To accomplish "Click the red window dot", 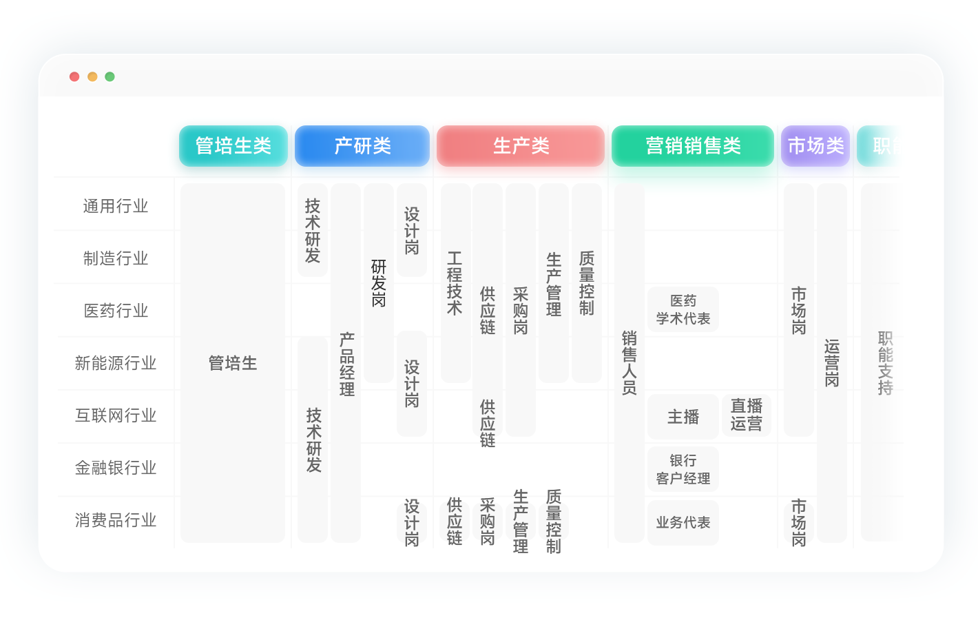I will pos(74,76).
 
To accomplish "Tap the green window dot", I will pos(110,76).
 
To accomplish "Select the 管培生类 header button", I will pos(233,146).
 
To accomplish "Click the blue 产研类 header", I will pos(362,146).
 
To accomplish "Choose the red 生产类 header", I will pos(521,146).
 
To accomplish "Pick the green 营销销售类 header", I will pos(693,146).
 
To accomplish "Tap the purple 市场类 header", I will pos(815,146).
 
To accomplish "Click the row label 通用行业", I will pos(116,206).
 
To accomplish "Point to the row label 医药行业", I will pos(116,311).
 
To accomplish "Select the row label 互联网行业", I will pos(116,415).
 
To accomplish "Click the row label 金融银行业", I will pos(116,468).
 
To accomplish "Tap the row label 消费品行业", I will pos(116,520).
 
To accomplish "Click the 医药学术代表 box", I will pos(683,309).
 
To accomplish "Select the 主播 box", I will pos(683,417).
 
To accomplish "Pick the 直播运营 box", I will pos(747,415).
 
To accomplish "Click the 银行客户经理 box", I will pos(683,469).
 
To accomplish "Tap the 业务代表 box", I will pos(683,523).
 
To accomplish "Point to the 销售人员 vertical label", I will pos(630,363).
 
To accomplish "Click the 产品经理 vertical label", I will pos(346,364).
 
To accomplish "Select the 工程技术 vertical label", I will pos(455,283).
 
